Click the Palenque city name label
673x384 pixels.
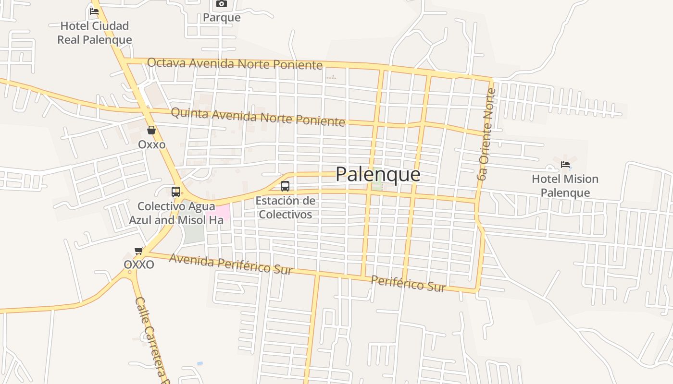click(378, 174)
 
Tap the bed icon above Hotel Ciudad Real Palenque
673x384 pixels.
click(94, 11)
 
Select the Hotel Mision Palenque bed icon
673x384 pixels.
click(565, 165)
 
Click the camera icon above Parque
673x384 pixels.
click(221, 4)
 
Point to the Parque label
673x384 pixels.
click(221, 18)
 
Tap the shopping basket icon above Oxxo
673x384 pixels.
click(151, 130)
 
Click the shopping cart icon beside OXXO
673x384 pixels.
click(139, 251)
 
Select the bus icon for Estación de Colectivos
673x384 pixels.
click(285, 186)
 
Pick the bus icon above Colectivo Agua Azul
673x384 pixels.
click(176, 192)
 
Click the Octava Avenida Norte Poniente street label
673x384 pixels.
click(235, 63)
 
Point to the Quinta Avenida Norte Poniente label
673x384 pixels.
click(258, 117)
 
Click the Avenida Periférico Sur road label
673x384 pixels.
click(231, 264)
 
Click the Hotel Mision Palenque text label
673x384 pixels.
click(565, 186)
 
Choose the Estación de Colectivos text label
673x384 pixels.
click(286, 207)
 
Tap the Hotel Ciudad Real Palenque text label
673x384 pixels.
click(95, 33)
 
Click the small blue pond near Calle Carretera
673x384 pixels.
click(199, 363)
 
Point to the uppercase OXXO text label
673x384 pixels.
click(139, 264)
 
